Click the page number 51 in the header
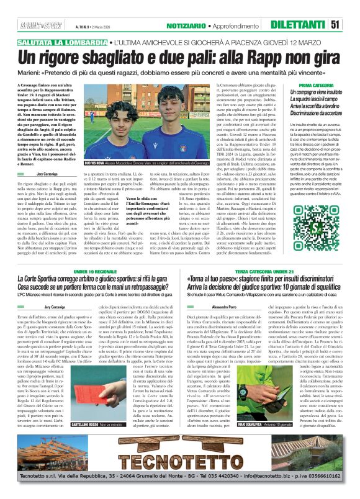click(x=351, y=24)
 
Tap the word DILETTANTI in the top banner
click(x=306, y=24)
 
